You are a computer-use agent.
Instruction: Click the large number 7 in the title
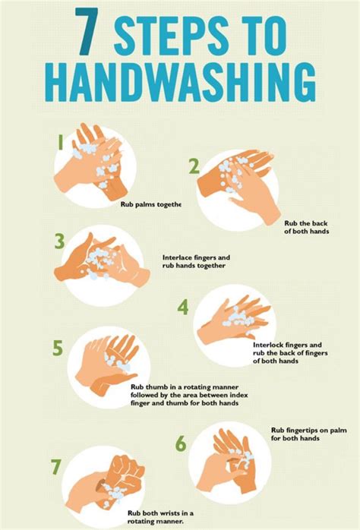(87, 33)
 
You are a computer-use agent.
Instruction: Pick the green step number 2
(194, 166)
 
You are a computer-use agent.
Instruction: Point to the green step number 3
(59, 241)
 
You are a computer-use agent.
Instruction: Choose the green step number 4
(183, 307)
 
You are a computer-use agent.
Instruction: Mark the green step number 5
(58, 349)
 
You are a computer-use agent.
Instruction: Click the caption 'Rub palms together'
(150, 204)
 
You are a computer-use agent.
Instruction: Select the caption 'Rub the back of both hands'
(306, 227)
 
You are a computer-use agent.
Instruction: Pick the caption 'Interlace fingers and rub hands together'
(196, 262)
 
